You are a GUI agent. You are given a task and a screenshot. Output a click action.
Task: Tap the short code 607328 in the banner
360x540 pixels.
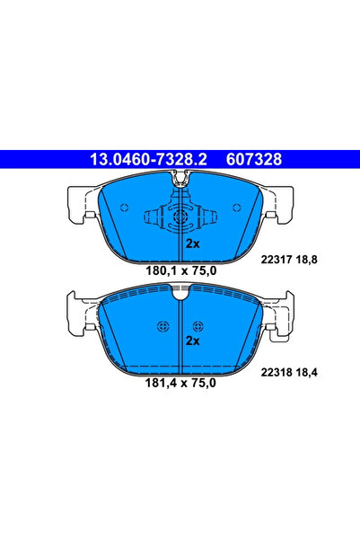tap(258, 159)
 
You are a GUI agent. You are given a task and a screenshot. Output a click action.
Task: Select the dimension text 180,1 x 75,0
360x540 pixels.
tap(180, 269)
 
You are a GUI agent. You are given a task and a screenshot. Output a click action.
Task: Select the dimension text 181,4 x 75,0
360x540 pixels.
tap(180, 382)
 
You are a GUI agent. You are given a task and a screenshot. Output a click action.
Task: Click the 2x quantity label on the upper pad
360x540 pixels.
tap(191, 243)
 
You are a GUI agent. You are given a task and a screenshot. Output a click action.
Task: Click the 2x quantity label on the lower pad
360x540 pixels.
tap(191, 341)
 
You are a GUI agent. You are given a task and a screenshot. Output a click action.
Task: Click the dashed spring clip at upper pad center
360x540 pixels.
tap(180, 217)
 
